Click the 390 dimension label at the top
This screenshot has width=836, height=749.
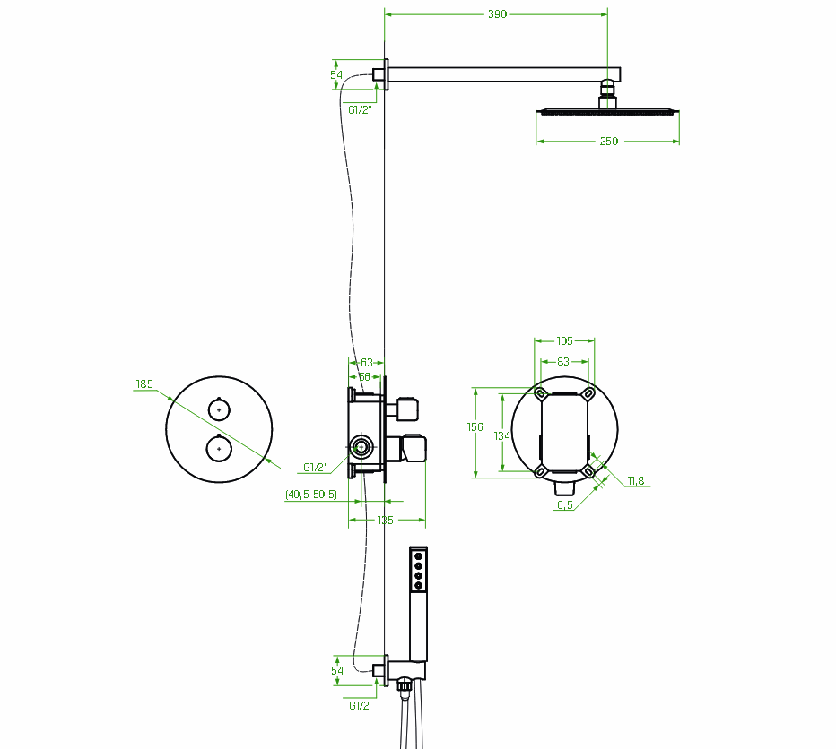(497, 13)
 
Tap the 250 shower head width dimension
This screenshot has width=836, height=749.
(608, 141)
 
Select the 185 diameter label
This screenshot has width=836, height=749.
(144, 384)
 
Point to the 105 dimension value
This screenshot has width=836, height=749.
(564, 340)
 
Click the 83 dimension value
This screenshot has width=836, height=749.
(564, 361)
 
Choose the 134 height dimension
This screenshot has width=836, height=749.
(502, 435)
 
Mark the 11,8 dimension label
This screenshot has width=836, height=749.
(635, 481)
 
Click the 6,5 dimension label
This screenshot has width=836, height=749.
(565, 505)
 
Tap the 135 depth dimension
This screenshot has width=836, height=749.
(385, 520)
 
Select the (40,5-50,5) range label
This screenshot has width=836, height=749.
(311, 494)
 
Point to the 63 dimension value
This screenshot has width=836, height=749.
(366, 363)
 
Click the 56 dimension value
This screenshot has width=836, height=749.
(364, 377)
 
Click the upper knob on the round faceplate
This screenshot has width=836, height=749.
(218, 409)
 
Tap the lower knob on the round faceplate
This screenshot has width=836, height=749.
(218, 446)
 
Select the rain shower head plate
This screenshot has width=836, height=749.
(607, 111)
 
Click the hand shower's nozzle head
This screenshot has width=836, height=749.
(418, 570)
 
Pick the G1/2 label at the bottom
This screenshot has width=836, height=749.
(359, 705)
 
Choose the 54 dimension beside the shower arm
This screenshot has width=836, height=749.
(337, 75)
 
